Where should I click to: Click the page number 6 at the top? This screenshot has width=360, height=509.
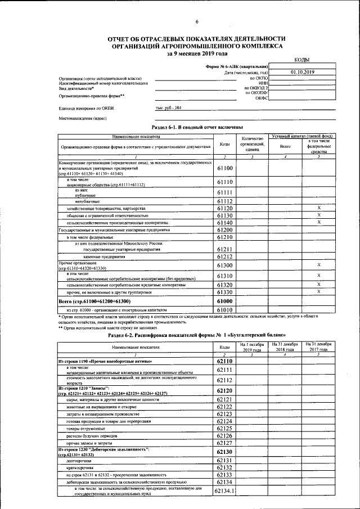point(197,22)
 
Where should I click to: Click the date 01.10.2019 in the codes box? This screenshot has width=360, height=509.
point(302,72)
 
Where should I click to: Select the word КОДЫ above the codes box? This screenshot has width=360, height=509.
point(301,60)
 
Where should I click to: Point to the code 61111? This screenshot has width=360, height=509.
point(224,192)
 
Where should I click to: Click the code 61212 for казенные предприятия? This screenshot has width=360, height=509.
point(224,256)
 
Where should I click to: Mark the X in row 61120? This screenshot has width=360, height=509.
point(318,208)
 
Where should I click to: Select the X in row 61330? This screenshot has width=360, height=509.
point(318,291)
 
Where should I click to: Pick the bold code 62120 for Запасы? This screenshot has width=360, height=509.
point(224,390)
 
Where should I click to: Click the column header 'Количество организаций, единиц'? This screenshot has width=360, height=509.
point(252,145)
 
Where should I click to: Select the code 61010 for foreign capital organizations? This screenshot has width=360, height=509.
point(224,309)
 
